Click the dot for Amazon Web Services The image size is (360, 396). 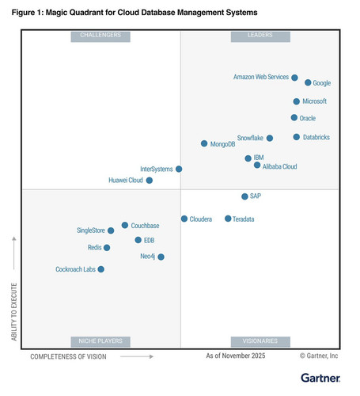coord(294,78)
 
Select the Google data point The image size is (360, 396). coord(308,82)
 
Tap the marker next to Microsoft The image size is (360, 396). coord(297,101)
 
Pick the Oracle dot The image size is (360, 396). coord(294,117)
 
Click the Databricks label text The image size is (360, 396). coord(316,137)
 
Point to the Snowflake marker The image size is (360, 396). coord(270,138)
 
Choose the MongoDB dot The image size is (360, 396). coord(204,143)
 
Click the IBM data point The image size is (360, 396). coord(248,158)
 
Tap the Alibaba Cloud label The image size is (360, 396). coord(279,166)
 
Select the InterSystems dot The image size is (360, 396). coord(179,169)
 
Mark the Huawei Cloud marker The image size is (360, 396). coord(150,181)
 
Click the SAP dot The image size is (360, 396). coord(244,196)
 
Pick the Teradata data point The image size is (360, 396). coord(228,219)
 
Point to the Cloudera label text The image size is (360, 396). coord(201,219)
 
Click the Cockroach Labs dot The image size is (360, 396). coord(101,269)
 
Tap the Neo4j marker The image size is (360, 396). coord(161,257)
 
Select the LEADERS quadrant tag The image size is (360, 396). coord(260,36)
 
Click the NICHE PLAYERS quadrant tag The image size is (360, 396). coord(100,342)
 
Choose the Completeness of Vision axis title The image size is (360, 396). coord(68,356)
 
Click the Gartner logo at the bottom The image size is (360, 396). coord(320,378)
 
